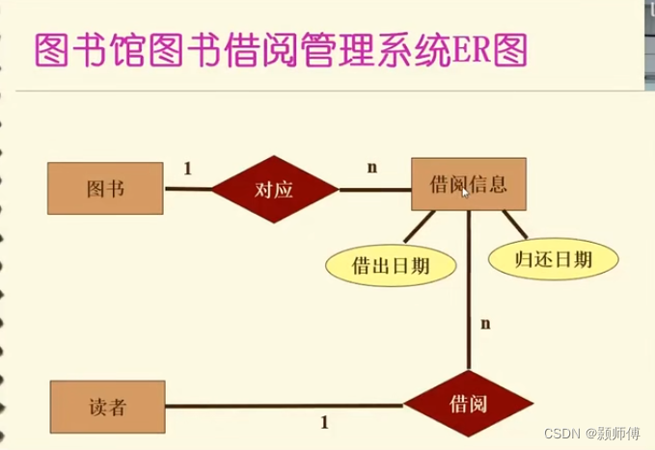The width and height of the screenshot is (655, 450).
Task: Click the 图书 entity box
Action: (x=105, y=189)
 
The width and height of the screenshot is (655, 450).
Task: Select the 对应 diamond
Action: (x=274, y=189)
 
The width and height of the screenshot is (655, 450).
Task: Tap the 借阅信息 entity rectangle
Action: (x=469, y=183)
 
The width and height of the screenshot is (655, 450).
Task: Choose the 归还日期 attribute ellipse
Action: (x=553, y=257)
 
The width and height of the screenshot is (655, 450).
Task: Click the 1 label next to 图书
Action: (x=187, y=169)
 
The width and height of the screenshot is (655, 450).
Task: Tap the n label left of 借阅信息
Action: (x=372, y=168)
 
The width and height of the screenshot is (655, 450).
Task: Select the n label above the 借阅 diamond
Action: (x=485, y=324)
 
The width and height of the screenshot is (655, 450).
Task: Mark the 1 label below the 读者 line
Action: (x=324, y=422)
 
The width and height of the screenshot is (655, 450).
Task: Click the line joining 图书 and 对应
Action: (x=188, y=189)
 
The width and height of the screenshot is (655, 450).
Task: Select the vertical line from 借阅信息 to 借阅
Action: (x=468, y=289)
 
